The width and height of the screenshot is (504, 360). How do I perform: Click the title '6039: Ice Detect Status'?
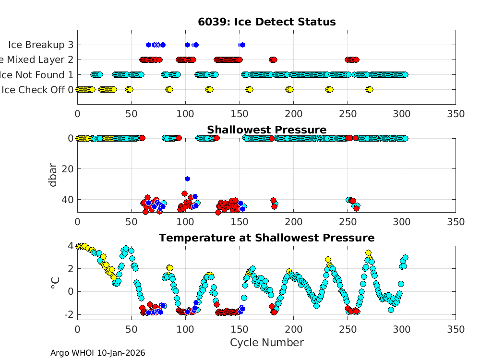[x=266, y=22]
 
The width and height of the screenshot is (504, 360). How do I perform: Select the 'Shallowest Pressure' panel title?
[x=266, y=130]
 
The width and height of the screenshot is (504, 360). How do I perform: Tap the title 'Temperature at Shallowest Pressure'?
[x=266, y=238]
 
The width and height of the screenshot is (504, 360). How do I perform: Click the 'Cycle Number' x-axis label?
[x=266, y=342]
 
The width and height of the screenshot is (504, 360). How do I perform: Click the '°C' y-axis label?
[x=54, y=282]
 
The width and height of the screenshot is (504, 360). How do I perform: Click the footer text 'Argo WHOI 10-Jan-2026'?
[x=97, y=353]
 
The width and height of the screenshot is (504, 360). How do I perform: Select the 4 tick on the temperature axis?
[x=70, y=246]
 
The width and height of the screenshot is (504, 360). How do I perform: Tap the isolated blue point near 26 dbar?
[x=187, y=179]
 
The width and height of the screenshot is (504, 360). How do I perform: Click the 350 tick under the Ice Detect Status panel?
[x=455, y=114]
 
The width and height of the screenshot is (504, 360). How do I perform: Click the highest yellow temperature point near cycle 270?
[x=368, y=252]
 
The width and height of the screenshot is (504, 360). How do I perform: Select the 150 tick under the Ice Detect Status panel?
[x=240, y=114]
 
